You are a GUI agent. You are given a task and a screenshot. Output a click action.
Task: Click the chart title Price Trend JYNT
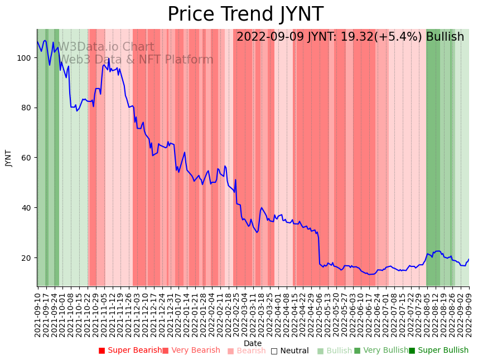pos(245,14)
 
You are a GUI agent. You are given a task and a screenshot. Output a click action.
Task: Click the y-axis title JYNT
pos(8,158)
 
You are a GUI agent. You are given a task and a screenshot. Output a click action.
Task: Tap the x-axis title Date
pos(253,343)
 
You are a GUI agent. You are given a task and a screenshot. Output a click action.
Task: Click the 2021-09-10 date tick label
pos(37,313)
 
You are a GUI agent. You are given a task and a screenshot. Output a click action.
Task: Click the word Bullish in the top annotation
pos(445,37)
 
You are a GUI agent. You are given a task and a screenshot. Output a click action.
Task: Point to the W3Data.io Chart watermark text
pos(106,47)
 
